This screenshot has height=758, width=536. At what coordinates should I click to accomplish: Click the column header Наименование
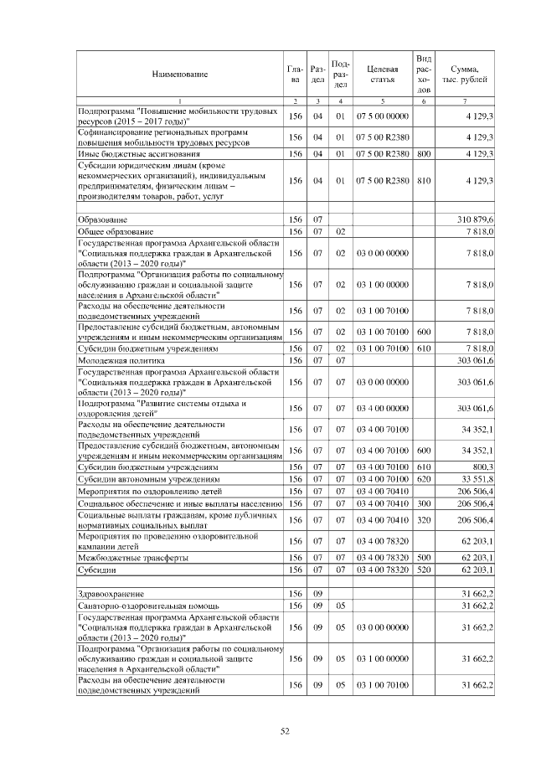click(179, 75)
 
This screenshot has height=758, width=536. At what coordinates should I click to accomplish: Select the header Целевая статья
click(382, 75)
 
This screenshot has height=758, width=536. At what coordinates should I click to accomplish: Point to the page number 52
click(284, 731)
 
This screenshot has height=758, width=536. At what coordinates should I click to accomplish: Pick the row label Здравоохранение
click(110, 593)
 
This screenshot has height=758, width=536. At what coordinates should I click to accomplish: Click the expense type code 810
click(424, 180)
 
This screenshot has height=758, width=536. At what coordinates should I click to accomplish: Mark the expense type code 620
click(424, 479)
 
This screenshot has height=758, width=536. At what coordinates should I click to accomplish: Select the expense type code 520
click(424, 570)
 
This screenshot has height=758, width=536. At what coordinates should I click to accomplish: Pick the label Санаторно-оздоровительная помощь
click(147, 605)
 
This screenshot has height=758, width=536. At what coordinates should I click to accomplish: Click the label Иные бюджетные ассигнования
click(139, 154)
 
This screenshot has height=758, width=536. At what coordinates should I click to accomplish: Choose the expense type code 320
click(424, 520)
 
